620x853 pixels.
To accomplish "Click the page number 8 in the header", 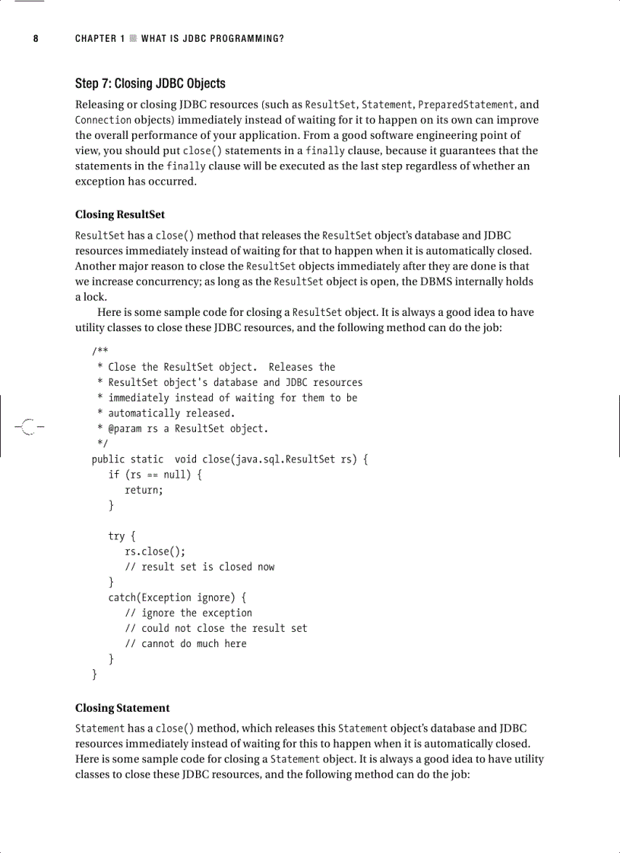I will click(36, 38).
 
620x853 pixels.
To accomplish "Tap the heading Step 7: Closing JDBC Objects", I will click(150, 84).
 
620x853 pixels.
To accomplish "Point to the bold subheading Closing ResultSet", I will click(119, 214).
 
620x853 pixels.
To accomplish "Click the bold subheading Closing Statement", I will click(122, 708).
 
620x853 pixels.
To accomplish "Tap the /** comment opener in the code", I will click(100, 352).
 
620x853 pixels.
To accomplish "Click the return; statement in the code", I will click(144, 490).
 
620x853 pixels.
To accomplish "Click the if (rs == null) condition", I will click(155, 475).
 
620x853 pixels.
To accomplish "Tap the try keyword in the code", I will click(116, 536).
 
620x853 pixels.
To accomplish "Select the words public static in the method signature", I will click(127, 459).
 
